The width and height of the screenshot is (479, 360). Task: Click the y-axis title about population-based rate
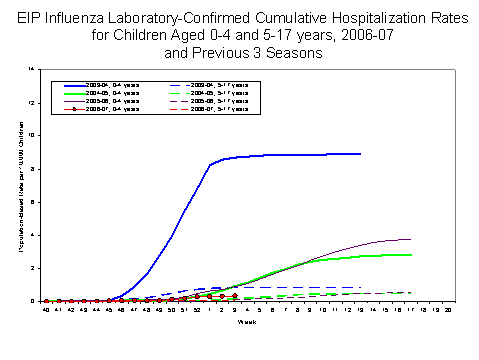[22, 185]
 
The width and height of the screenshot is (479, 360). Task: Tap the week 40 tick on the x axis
[46, 309]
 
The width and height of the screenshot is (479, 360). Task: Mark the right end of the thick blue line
[360, 154]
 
